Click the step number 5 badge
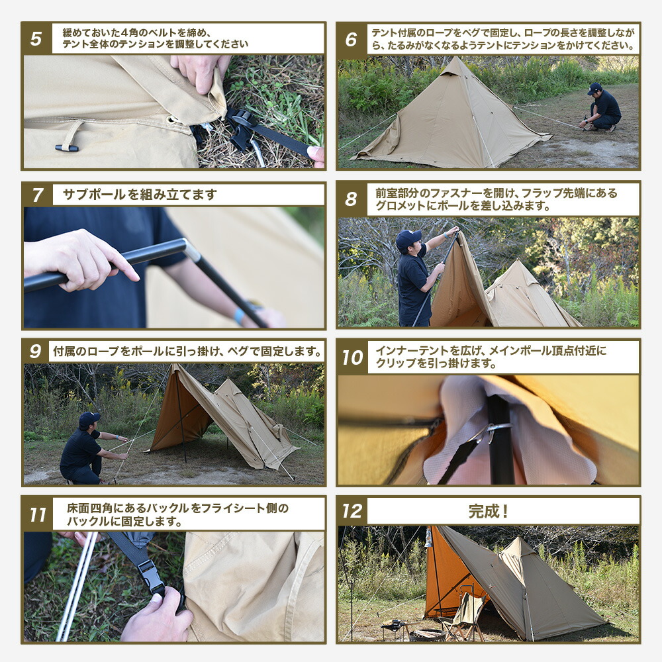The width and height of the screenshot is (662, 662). pyautogui.click(x=37, y=38)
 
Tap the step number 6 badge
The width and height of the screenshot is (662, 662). pyautogui.click(x=352, y=38)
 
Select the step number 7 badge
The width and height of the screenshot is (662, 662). pyautogui.click(x=37, y=195)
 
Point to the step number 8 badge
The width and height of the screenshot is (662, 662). pyautogui.click(x=352, y=198)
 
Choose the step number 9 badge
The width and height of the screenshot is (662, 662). pyautogui.click(x=36, y=351)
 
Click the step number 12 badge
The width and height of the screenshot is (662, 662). pyautogui.click(x=352, y=511)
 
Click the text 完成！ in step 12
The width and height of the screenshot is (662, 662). pyautogui.click(x=488, y=511)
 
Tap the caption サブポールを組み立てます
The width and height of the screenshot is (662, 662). pyautogui.click(x=140, y=195)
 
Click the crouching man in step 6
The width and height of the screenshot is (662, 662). pyautogui.click(x=603, y=108)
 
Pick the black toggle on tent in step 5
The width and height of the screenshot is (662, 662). pyautogui.click(x=66, y=148)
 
